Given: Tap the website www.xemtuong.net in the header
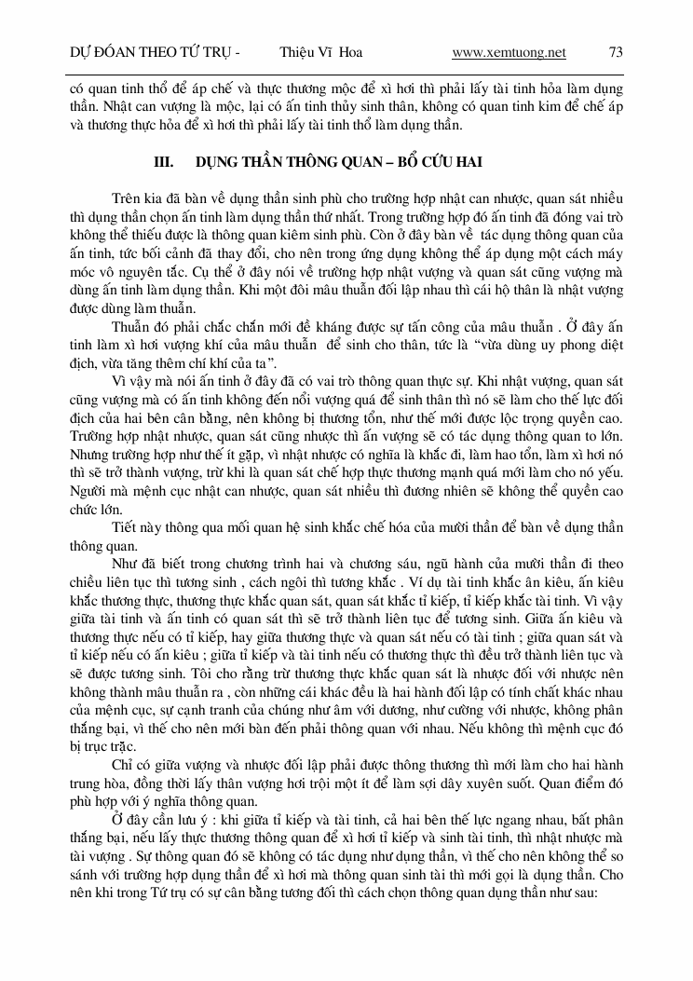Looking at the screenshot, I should [x=509, y=53].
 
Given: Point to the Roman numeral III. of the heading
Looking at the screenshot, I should [x=164, y=162].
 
